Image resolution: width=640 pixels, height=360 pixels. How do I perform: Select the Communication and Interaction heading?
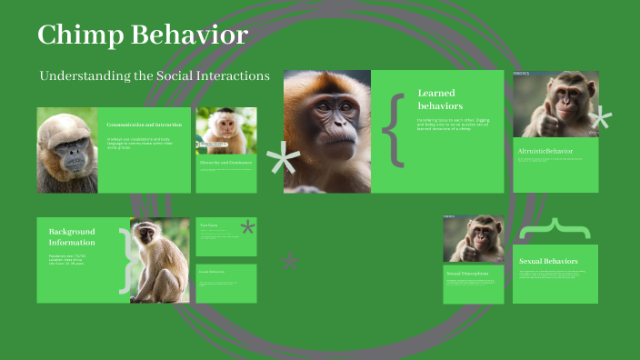(144, 124)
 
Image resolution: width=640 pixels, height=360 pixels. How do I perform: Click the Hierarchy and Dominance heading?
(225, 162)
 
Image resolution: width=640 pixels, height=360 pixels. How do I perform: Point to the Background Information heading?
(72, 237)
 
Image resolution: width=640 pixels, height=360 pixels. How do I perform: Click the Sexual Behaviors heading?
(548, 261)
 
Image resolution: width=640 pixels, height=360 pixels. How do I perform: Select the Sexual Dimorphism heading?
(467, 273)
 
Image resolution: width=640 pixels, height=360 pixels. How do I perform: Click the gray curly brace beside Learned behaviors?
(393, 128)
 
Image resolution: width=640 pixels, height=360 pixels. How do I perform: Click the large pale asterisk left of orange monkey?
(283, 163)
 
